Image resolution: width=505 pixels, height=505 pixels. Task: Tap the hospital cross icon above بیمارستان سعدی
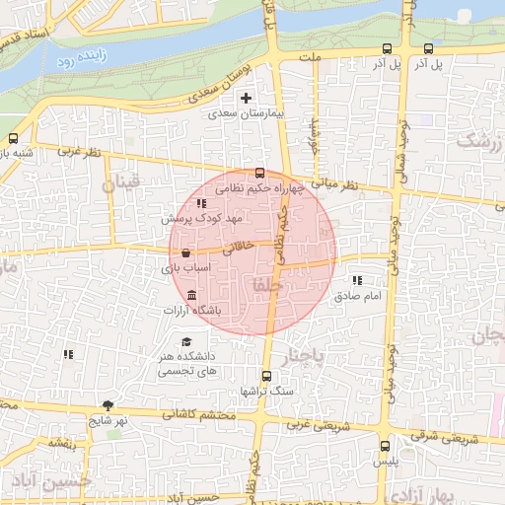coord(246,99)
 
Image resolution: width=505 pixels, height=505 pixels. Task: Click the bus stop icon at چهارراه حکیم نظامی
coord(260,172)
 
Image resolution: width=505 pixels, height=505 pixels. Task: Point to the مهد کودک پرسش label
coord(204,217)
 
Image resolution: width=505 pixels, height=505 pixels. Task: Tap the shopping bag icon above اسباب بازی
coord(186,253)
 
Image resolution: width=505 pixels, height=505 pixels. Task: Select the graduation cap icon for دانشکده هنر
coord(186,342)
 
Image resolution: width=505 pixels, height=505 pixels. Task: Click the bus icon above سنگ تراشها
coord(265,376)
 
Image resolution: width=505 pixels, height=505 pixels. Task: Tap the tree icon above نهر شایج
coord(108,405)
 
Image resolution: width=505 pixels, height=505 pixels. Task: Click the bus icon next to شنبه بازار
coord(14,138)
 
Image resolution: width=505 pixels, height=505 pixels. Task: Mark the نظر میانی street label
coord(337,183)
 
